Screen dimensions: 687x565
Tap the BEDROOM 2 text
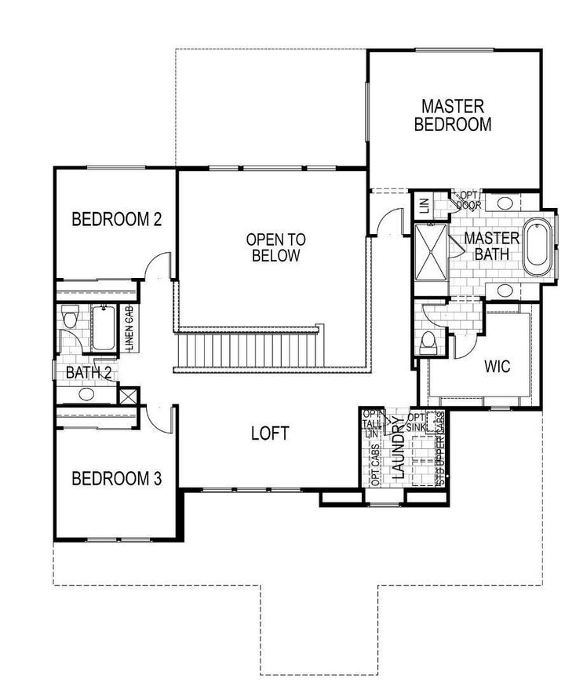click(116, 219)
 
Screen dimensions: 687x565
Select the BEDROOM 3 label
click(116, 478)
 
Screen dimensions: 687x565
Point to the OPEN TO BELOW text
click(273, 247)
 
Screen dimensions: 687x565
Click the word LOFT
click(270, 433)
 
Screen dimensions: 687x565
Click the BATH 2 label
click(88, 373)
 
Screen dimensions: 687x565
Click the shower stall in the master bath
click(431, 248)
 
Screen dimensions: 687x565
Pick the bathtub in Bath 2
click(103, 327)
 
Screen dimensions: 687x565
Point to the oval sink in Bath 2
click(86, 394)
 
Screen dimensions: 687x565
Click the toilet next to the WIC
click(428, 342)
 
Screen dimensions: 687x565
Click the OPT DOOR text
click(468, 199)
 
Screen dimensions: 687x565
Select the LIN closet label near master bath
click(424, 206)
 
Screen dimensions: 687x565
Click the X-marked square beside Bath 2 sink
click(128, 396)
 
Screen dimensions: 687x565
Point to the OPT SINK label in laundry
click(416, 422)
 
